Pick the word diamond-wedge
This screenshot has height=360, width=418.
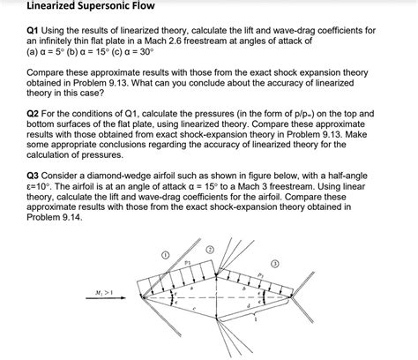pos(118,175)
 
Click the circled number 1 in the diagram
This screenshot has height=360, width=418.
pos(165,255)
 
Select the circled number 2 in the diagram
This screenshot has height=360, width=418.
pos(209,249)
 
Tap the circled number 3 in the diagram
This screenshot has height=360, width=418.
pos(274,264)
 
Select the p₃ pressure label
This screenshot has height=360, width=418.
pos(261,274)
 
